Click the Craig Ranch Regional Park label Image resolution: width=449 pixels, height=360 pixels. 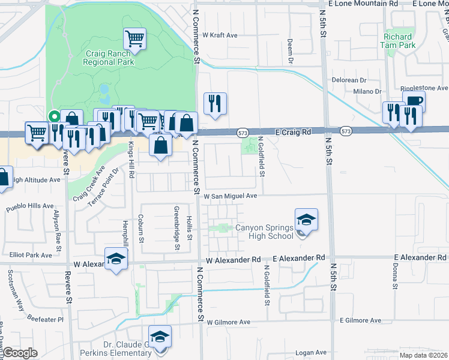pyautogui.click(x=108, y=58)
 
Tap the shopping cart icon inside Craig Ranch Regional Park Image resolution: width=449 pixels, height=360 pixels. pyautogui.click(x=135, y=39)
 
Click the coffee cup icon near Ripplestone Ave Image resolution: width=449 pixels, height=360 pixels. pyautogui.click(x=414, y=102)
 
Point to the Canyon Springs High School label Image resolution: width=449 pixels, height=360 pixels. pyautogui.click(x=264, y=232)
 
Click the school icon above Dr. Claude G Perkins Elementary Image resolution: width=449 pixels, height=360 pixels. pyautogui.click(x=160, y=337)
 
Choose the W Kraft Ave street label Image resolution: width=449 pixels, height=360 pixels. pyautogui.click(x=220, y=35)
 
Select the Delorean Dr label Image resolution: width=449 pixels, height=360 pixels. pyautogui.click(x=348, y=80)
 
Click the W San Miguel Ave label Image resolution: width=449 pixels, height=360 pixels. pyautogui.click(x=230, y=196)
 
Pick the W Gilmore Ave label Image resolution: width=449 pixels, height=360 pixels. pyautogui.click(x=229, y=322)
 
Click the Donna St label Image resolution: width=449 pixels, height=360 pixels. pyautogui.click(x=396, y=277)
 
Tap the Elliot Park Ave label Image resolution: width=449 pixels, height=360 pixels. pyautogui.click(x=31, y=255)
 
